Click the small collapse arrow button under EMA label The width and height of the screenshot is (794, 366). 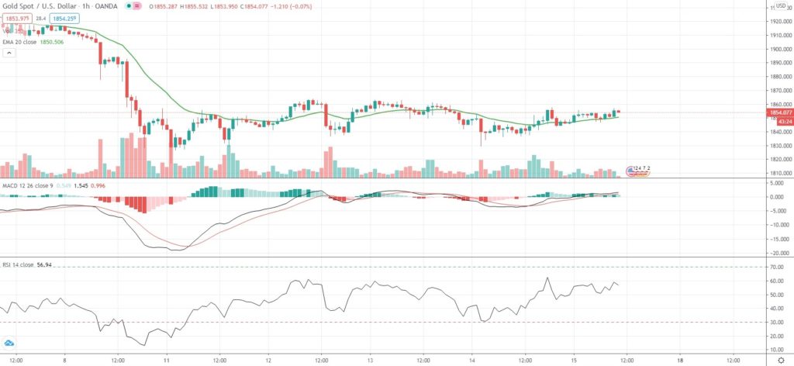pyautogui.click(x=9, y=54)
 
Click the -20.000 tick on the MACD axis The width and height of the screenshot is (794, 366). pyautogui.click(x=777, y=253)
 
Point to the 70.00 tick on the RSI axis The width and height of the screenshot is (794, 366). pyautogui.click(x=777, y=267)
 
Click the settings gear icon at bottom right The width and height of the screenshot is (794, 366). pyautogui.click(x=780, y=360)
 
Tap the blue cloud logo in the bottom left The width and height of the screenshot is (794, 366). pyautogui.click(x=10, y=344)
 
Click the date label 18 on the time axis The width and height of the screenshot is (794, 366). pyautogui.click(x=679, y=360)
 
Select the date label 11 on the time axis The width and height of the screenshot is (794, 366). pyautogui.click(x=167, y=360)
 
